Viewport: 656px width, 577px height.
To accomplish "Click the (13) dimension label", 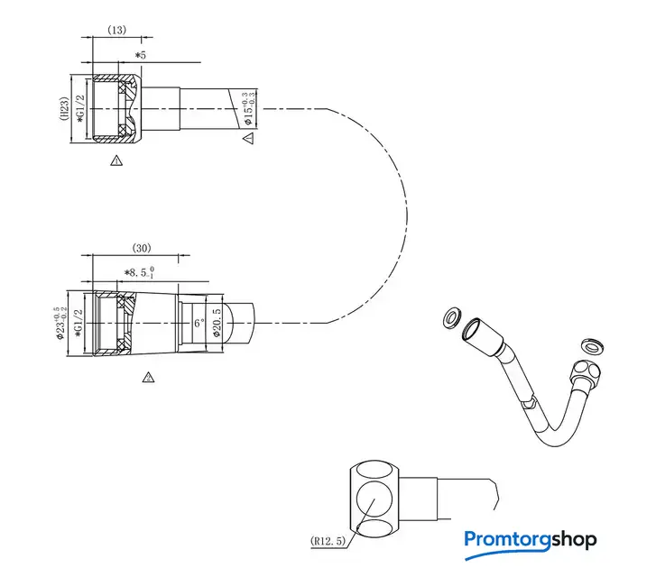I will click(x=116, y=30).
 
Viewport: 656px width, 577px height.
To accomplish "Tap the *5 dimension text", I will click(x=140, y=56).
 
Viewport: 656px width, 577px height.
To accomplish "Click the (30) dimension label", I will click(x=142, y=248).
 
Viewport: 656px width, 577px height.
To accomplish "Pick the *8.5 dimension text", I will click(x=140, y=270).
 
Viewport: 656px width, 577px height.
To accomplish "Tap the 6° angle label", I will click(x=199, y=322).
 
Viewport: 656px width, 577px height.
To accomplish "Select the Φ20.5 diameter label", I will click(x=217, y=322).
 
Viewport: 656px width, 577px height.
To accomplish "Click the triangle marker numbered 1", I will click(x=115, y=160).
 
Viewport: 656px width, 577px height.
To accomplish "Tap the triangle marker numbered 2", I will click(x=148, y=377).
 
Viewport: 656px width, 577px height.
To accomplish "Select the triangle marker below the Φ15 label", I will click(x=249, y=137).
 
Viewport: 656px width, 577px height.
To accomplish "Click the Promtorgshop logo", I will click(x=531, y=540).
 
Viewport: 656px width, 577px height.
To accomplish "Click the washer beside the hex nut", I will click(x=592, y=344).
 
